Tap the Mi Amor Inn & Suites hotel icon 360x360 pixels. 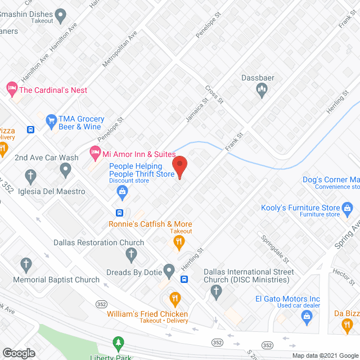pyautogui.click(x=95, y=152)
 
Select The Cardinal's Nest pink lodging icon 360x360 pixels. pyautogui.click(x=11, y=88)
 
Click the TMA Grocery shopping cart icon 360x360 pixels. pyautogui.click(x=51, y=119)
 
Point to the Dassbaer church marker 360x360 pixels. pyautogui.click(x=262, y=89)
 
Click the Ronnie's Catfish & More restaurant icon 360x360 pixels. pyautogui.click(x=179, y=242)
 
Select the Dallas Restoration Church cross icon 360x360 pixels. pyautogui.click(x=130, y=255)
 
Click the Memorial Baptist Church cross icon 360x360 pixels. pyautogui.click(x=26, y=264)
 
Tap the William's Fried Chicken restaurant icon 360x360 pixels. pyautogui.click(x=175, y=298)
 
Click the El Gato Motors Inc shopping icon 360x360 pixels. pyautogui.click(x=307, y=317)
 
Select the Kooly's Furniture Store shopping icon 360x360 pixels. pyautogui.click(x=348, y=209)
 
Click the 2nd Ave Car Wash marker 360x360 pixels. pyautogui.click(x=65, y=169)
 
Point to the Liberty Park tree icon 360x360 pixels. pyautogui.click(x=118, y=342)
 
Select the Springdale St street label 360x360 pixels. pyautogui.click(x=274, y=249)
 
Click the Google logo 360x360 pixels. pyautogui.click(x=18, y=353)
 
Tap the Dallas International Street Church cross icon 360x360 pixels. pyautogui.click(x=215, y=291)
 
